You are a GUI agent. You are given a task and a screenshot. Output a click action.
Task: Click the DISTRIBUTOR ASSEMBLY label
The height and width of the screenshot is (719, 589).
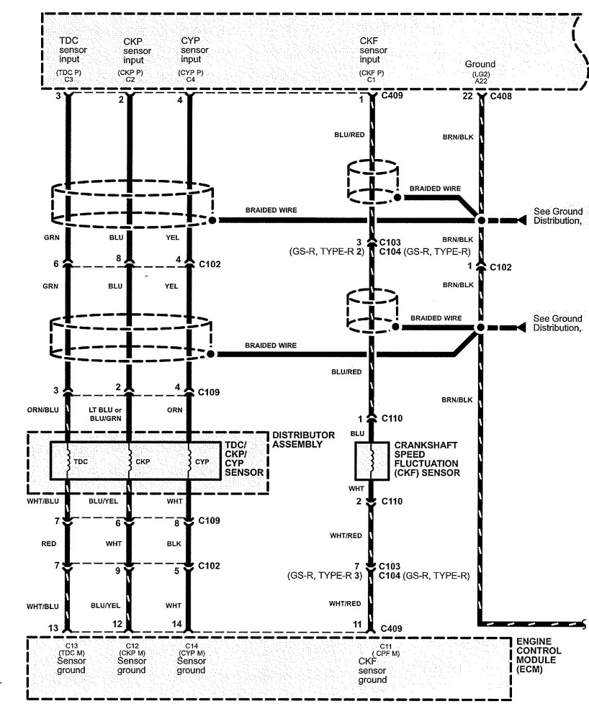303,439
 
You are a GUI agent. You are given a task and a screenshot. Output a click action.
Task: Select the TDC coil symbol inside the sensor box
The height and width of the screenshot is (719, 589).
68,461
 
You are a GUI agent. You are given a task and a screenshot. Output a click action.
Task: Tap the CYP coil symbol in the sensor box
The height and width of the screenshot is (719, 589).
189,461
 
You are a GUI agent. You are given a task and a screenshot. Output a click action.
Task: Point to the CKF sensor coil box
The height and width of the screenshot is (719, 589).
372,461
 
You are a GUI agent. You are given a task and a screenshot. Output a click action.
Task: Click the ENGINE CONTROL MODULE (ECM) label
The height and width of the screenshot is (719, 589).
539,655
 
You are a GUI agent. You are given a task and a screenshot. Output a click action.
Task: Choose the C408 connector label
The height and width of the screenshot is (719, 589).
501,96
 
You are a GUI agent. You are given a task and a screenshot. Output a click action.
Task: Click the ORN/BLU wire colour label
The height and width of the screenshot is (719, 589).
42,410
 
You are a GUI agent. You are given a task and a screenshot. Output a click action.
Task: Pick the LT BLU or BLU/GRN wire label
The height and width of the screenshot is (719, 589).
105,414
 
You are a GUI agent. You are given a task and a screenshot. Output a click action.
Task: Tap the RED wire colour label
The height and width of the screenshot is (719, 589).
49,544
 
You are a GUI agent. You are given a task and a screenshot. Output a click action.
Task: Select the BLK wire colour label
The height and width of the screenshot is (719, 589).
174,544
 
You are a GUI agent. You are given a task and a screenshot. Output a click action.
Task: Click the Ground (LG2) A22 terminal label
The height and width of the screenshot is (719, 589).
480,72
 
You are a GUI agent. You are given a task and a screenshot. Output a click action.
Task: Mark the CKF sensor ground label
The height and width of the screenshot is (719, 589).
372,670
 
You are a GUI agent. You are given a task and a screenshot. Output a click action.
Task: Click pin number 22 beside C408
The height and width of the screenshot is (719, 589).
467,96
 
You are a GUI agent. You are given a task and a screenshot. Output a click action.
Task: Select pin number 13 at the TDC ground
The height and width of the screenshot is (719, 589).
53,628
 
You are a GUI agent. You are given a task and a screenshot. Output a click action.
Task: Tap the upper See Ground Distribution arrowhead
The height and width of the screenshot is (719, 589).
521,220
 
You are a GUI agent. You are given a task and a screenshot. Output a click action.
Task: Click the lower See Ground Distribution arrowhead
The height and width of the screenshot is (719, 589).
521,327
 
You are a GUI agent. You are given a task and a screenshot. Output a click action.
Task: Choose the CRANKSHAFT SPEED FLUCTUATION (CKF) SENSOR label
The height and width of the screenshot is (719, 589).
426,459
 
